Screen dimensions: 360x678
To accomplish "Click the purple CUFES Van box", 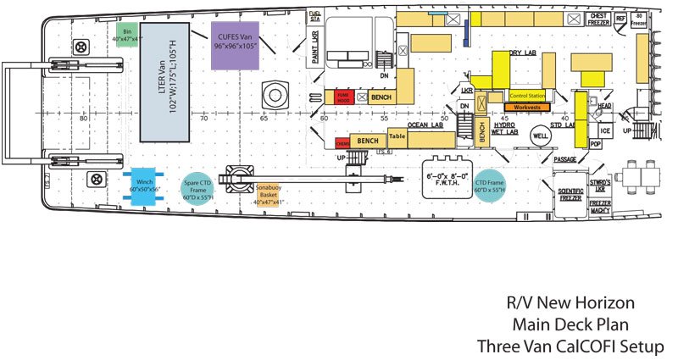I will click(235, 40).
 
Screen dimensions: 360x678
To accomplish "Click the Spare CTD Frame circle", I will click(197, 186).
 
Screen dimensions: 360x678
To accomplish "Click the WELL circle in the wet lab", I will click(540, 136).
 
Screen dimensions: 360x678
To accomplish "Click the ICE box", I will click(604, 131).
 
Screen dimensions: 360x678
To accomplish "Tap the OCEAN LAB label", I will click(425, 125).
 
